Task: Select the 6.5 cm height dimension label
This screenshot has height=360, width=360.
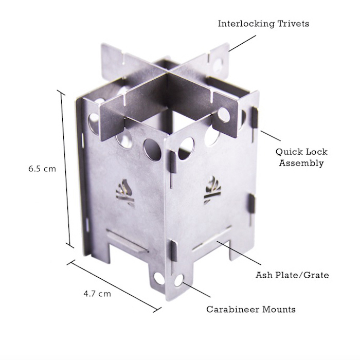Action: [x=42, y=169]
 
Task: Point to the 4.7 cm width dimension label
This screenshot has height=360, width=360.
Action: [x=97, y=294]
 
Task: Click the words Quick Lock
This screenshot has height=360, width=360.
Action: [x=301, y=152]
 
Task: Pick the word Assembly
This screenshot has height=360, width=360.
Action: [x=301, y=163]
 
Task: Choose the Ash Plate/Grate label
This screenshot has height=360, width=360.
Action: [x=292, y=275]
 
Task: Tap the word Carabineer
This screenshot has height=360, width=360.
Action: [x=232, y=309]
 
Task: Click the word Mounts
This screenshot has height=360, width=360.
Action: [x=279, y=309]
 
